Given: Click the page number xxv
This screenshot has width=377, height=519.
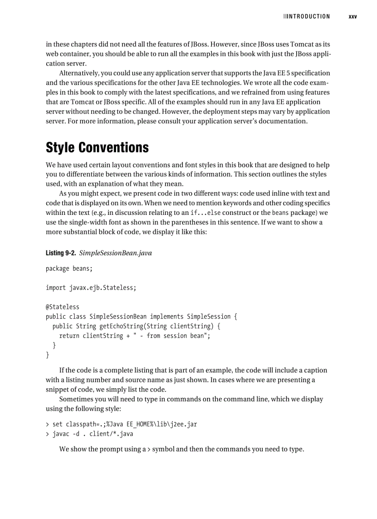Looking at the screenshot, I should (x=353, y=17).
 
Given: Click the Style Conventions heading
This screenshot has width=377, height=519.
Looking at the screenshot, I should (x=97, y=147).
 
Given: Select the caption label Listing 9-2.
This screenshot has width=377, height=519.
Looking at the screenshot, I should (x=61, y=253).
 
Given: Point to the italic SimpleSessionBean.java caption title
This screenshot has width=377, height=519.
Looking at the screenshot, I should (x=116, y=253).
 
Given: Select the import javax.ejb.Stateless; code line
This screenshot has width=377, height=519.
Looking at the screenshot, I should (x=91, y=287).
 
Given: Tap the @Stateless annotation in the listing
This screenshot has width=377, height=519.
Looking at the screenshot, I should (x=62, y=307).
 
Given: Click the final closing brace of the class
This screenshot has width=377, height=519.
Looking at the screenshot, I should (x=48, y=355).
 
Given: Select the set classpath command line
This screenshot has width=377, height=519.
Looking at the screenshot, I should (x=124, y=424).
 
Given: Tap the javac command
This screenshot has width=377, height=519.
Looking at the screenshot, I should (x=62, y=434).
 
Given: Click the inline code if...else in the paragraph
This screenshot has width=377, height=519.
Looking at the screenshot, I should (x=206, y=213).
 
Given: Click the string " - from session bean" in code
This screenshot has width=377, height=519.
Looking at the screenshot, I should (x=170, y=336).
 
